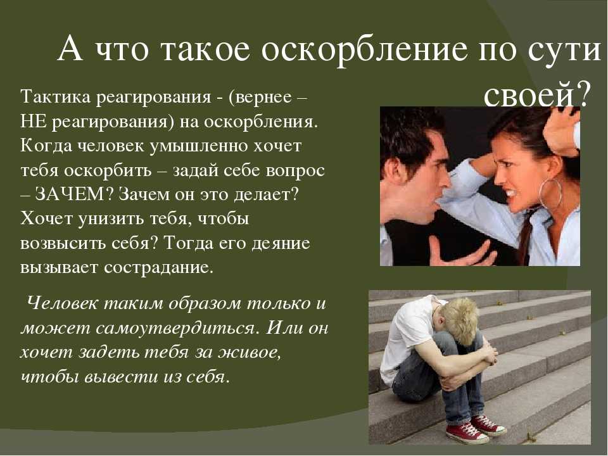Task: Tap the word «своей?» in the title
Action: click(536, 94)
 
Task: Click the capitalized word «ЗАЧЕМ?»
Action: click(71, 194)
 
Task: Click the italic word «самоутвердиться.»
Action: click(177, 329)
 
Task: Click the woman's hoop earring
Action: click(550, 194)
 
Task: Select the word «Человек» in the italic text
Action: click(63, 303)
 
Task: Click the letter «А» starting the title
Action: click(70, 49)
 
